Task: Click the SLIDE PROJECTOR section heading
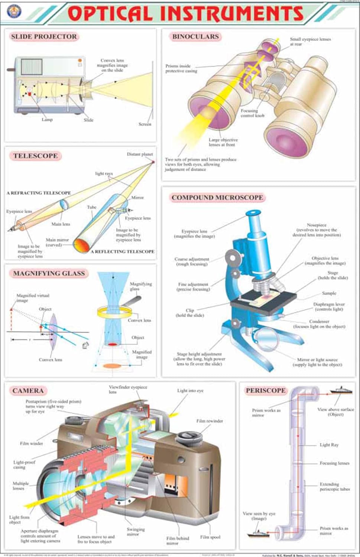coord(44,37)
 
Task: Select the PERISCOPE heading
coord(266,391)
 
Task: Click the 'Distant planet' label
coord(140,154)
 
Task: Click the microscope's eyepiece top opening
coord(253,213)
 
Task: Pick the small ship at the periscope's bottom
coord(258,534)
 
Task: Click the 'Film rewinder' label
coord(210,421)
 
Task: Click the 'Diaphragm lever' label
coord(329,306)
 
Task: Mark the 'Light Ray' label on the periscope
coord(329,445)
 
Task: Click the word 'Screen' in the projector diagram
coord(145,124)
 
